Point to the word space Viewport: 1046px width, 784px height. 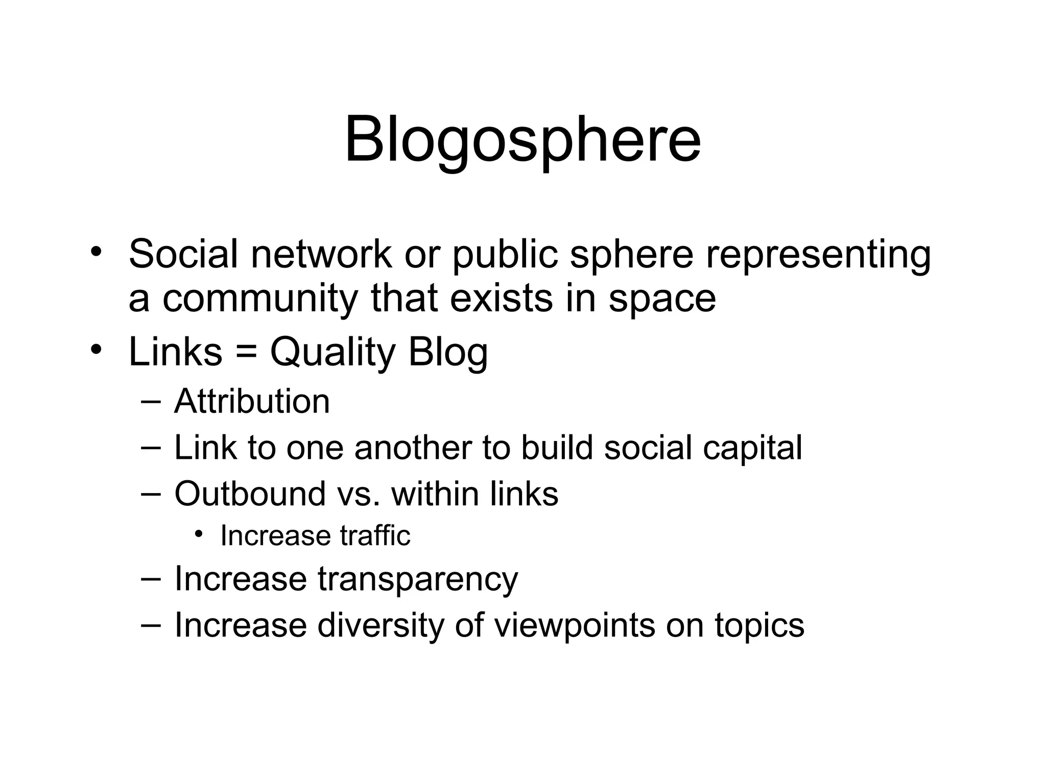662,299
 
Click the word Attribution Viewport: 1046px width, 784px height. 252,401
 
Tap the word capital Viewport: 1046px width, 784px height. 752,448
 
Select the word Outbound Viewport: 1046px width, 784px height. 250,494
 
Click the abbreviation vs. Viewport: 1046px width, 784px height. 359,494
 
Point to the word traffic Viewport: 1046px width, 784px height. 375,536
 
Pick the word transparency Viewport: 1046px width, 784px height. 418,580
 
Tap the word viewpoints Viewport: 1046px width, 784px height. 574,626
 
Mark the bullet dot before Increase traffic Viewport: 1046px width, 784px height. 199,534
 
